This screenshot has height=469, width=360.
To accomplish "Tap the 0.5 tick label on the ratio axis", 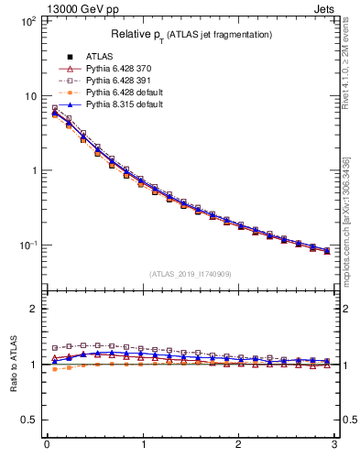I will pos(27,420).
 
